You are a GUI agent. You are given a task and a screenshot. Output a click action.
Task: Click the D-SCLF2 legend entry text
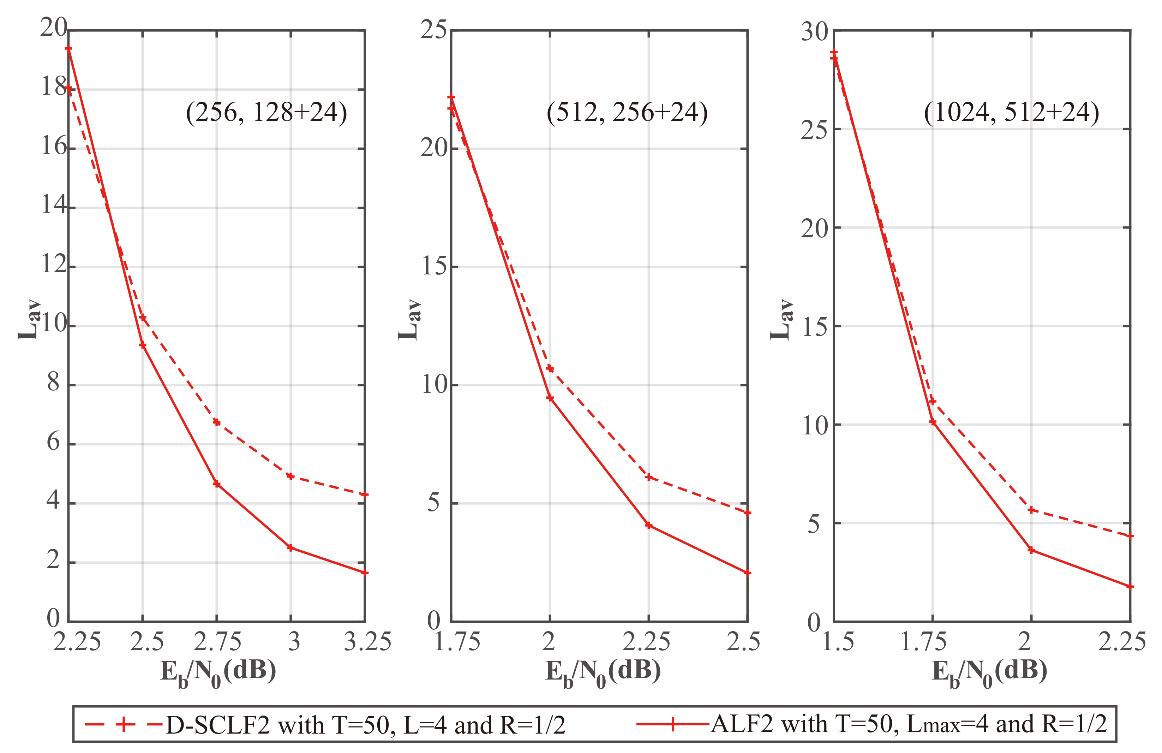[x=365, y=725]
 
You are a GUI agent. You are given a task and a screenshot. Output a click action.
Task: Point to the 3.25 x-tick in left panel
[x=367, y=642]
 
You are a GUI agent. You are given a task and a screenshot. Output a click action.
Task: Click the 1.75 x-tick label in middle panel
[x=457, y=642]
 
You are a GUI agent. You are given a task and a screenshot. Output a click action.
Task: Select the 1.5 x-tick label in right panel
[x=838, y=642]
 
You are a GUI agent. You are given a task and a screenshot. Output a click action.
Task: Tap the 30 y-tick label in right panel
[x=814, y=32]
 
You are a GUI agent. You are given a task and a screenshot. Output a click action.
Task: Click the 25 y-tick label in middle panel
[x=433, y=30]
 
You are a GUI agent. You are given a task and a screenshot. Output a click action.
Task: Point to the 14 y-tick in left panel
[x=54, y=205]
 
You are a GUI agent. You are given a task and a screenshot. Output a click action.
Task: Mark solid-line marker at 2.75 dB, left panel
[x=217, y=484]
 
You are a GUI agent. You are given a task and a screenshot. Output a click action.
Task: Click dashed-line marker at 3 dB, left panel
[x=290, y=476]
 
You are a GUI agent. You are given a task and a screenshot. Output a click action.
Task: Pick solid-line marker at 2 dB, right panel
[x=1031, y=550]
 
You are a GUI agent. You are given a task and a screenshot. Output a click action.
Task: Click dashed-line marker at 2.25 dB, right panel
[x=1130, y=536]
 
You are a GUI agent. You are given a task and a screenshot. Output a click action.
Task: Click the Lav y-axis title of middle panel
[x=409, y=320]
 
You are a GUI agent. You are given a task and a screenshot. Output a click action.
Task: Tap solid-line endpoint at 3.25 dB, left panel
[x=364, y=573]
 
